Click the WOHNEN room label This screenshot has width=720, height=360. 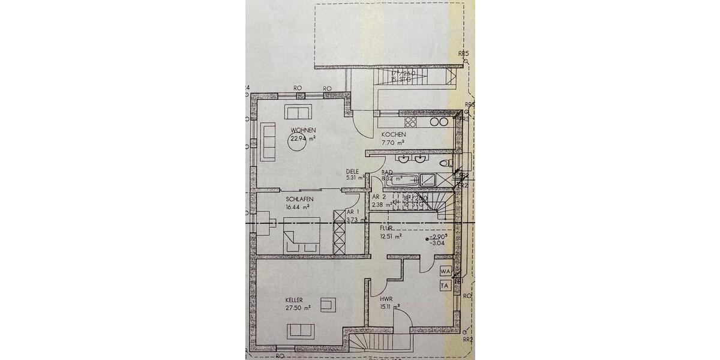point(304,130)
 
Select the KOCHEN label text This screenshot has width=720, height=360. point(394,135)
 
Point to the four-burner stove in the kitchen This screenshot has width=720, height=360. point(412,122)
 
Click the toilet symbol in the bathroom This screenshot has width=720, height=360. point(445,162)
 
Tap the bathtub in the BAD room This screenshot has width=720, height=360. point(403,179)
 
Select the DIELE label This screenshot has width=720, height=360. point(352,171)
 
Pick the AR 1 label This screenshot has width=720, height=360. point(353,212)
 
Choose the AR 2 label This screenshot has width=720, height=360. point(379,197)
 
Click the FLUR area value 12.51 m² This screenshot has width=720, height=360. point(391,236)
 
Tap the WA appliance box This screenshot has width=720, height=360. point(445,272)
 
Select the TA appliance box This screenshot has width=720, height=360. point(445,286)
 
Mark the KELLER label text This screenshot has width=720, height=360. point(294,300)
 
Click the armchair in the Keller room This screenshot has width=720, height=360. point(328,305)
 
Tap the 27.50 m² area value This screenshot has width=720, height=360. point(298,308)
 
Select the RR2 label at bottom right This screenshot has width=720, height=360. point(469,340)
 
